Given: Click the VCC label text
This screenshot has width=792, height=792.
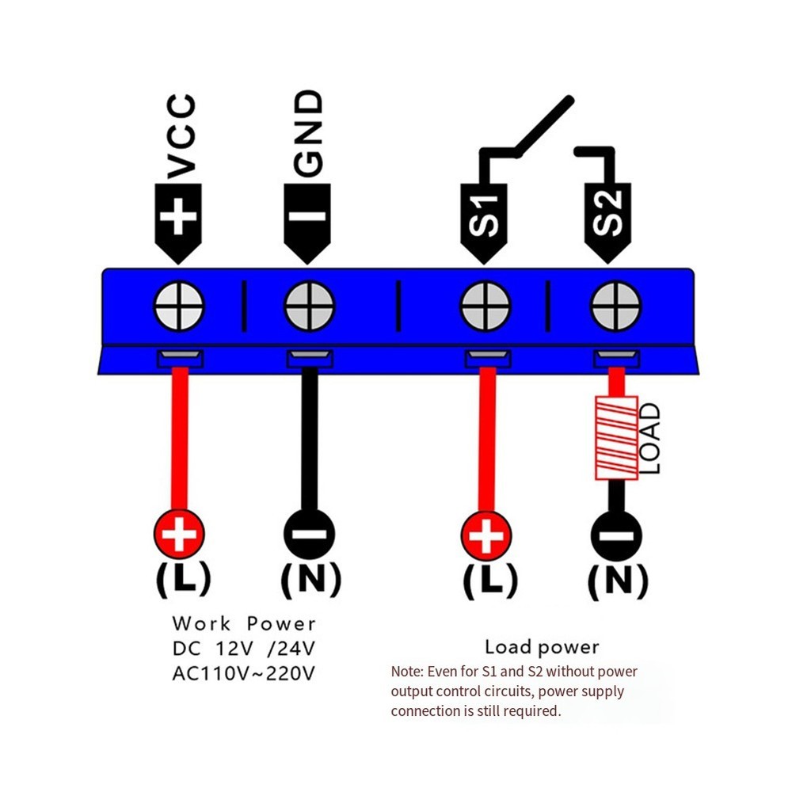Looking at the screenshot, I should [x=181, y=135].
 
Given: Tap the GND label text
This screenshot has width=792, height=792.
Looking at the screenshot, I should [x=309, y=132].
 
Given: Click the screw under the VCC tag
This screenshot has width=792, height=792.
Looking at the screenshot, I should [x=180, y=306].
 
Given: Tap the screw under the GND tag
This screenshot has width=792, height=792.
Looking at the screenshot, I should [x=310, y=306].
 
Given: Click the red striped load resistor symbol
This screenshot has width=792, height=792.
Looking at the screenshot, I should [x=616, y=439].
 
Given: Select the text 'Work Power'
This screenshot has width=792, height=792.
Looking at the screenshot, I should [x=244, y=624].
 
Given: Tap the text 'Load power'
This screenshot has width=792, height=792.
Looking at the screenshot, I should [x=543, y=648].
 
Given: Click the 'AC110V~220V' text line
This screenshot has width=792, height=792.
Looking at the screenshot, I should [x=244, y=674].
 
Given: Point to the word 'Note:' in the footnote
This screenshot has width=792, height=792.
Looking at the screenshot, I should [x=409, y=672].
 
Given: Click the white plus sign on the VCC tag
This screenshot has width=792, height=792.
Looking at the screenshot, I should [x=180, y=215].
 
